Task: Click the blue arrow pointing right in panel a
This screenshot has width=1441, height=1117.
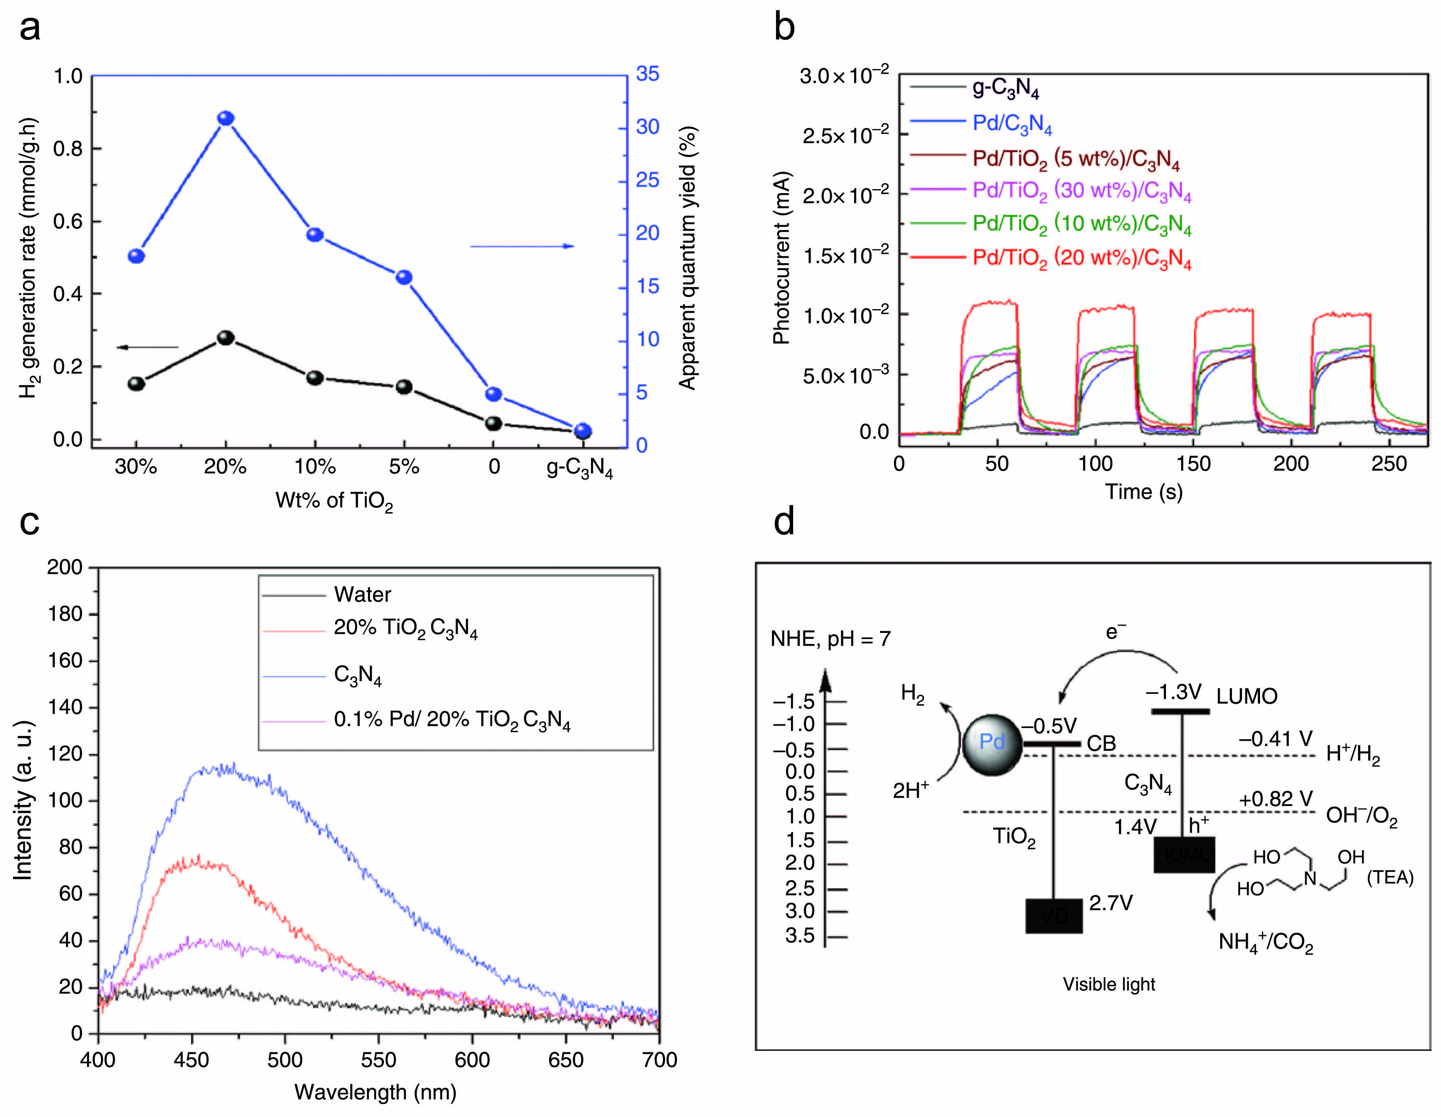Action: pyautogui.click(x=522, y=246)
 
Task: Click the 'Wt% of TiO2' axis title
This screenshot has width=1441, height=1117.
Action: pyautogui.click(x=334, y=501)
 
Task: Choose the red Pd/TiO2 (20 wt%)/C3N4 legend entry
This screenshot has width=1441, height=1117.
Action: pyautogui.click(x=1082, y=257)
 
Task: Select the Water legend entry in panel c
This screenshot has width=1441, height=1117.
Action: pyautogui.click(x=362, y=594)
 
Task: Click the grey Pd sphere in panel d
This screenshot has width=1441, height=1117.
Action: pyautogui.click(x=992, y=745)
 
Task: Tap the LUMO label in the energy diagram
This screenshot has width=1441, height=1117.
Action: pyautogui.click(x=1246, y=696)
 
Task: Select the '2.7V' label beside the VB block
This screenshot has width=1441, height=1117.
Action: pyautogui.click(x=1110, y=903)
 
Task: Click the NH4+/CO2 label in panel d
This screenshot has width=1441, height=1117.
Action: pyautogui.click(x=1265, y=942)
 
